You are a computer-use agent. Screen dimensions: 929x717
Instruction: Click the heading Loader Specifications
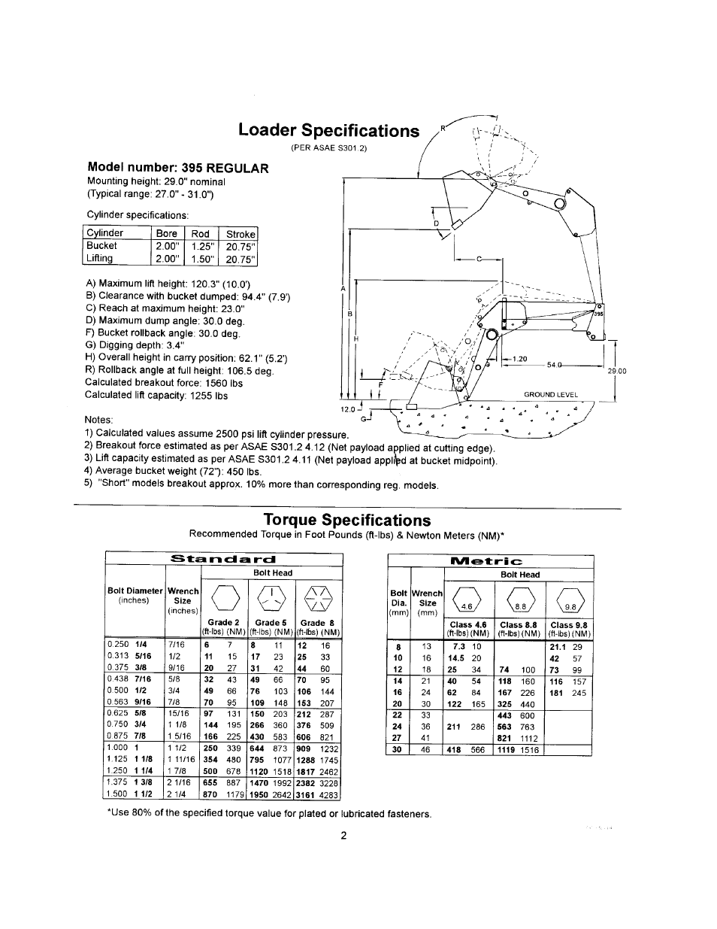(x=328, y=131)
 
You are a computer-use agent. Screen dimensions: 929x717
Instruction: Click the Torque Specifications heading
(x=347, y=520)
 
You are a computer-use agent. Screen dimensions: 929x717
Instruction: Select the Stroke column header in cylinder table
(x=241, y=233)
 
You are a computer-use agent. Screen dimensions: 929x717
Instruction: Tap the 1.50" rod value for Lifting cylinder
(x=201, y=259)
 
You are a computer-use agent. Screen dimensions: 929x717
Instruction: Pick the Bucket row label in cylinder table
(x=102, y=246)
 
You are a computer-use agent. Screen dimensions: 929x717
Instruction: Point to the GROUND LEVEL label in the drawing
(x=551, y=394)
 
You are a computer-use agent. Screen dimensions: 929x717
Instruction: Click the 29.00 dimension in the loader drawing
(x=616, y=371)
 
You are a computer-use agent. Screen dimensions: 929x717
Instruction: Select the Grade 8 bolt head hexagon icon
(x=313, y=600)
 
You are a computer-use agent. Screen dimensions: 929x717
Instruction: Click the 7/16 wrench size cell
(x=177, y=645)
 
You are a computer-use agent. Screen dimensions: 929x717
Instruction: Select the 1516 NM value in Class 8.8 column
(x=528, y=749)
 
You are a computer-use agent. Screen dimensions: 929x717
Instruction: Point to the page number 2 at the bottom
(x=342, y=835)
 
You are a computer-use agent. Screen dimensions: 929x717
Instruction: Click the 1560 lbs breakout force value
(x=225, y=383)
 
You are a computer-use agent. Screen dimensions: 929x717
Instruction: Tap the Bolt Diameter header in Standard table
(x=135, y=591)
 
